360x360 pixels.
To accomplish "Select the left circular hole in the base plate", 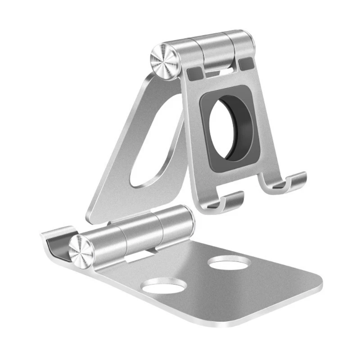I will [x=166, y=286].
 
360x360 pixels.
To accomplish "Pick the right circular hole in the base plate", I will [x=230, y=262].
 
